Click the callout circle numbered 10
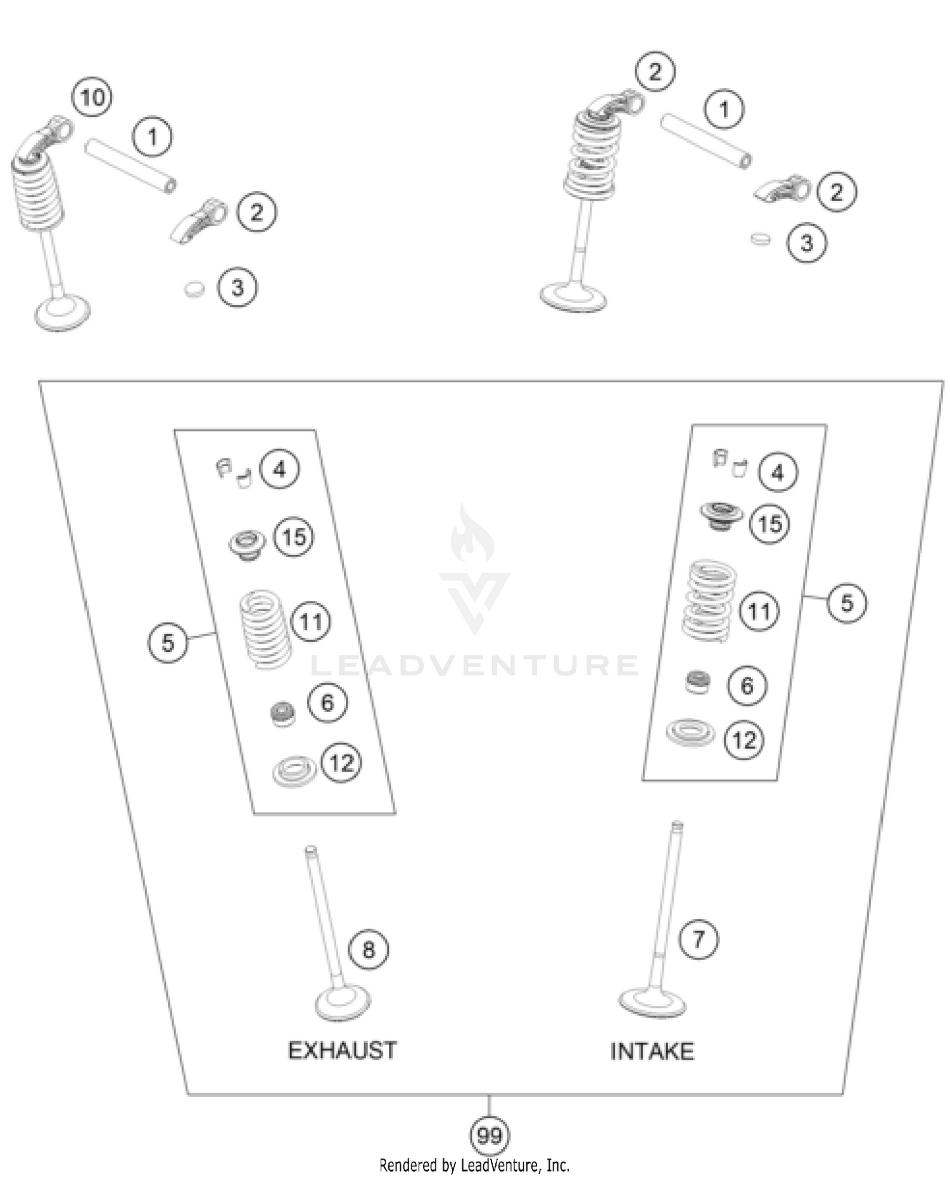tap(92, 97)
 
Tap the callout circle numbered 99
tap(489, 1136)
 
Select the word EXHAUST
tap(342, 1050)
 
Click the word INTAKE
tap(652, 1051)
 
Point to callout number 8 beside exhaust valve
tap(369, 949)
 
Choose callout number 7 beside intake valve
tap(699, 939)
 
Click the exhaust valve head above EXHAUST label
tap(343, 1003)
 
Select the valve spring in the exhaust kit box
tap(265, 628)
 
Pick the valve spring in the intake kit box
tap(709, 598)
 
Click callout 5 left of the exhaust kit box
tap(168, 643)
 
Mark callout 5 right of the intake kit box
tap(847, 603)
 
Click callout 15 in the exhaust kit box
tap(294, 537)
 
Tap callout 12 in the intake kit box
tap(744, 740)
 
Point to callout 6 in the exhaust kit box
tap(327, 703)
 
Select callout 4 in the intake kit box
tap(778, 472)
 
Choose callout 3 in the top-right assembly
tap(807, 243)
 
